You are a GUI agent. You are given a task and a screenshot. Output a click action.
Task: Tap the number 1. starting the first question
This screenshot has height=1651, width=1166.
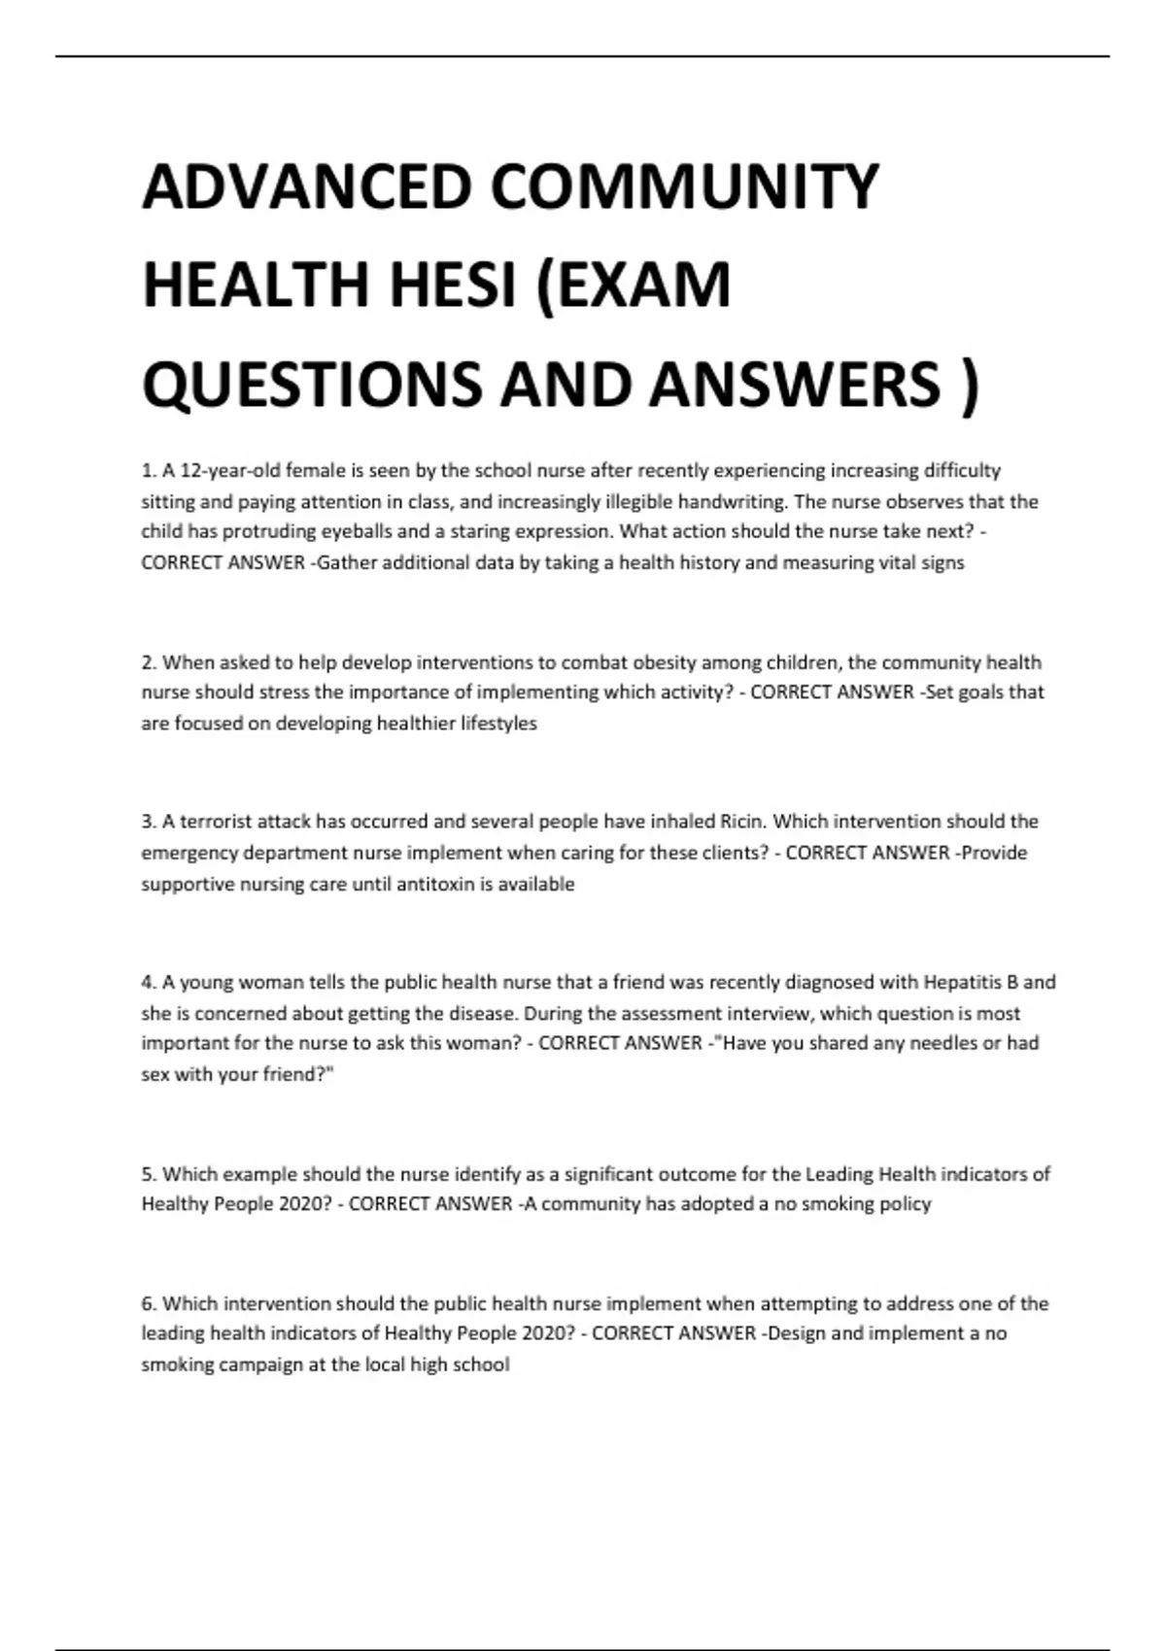[x=149, y=471]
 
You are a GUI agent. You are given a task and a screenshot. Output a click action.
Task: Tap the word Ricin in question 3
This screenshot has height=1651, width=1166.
[x=742, y=822]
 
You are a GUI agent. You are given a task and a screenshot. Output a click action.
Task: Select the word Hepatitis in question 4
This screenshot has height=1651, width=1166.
[x=961, y=982]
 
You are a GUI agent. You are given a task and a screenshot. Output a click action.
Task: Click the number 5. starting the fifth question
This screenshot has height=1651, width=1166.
[x=149, y=1174]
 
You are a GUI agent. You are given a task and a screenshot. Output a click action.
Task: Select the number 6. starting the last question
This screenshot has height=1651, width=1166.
[x=149, y=1303]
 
